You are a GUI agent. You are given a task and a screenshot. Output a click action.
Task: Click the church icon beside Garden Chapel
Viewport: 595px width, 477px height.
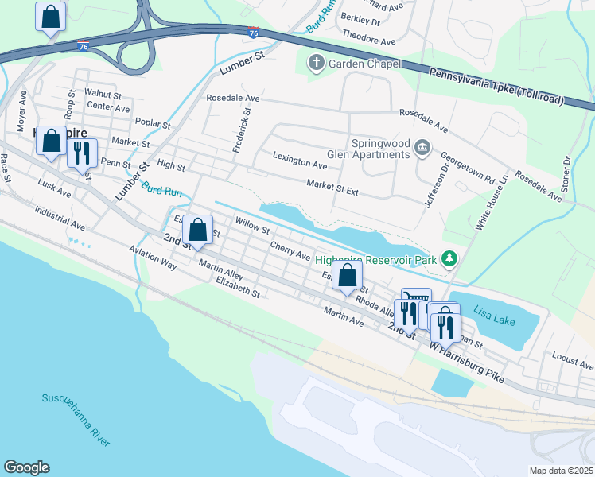316,63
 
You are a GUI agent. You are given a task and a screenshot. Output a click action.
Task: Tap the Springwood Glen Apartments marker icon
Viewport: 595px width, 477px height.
422,147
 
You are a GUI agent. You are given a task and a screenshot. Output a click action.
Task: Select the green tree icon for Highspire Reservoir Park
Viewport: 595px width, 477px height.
450,258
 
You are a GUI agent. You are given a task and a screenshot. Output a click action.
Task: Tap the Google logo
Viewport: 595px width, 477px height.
26,467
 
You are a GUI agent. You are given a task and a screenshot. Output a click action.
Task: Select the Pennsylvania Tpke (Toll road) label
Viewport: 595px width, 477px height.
497,85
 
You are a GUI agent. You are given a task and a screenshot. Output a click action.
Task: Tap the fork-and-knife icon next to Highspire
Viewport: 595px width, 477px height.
82,151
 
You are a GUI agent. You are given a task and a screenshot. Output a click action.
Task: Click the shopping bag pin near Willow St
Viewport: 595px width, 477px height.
197,230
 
